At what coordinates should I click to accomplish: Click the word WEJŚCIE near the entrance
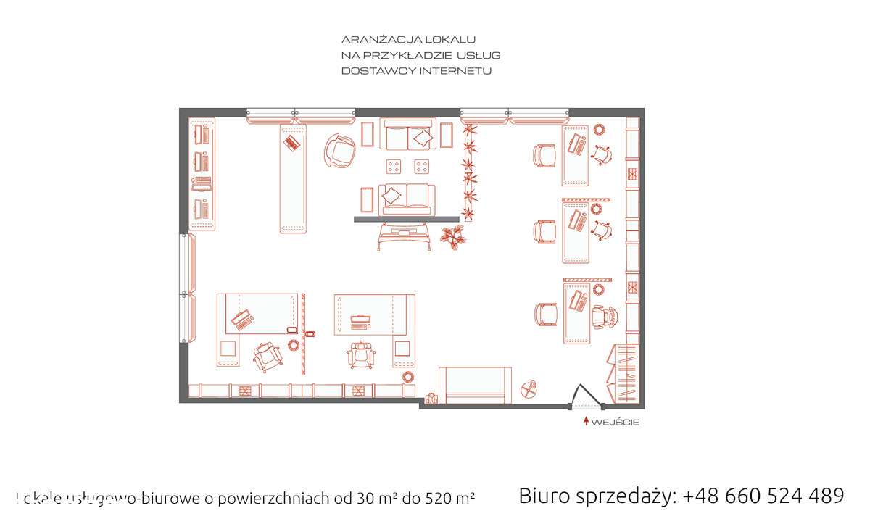point(616,423)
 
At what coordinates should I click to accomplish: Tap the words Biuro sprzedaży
point(597,496)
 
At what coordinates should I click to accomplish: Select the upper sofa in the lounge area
point(410,135)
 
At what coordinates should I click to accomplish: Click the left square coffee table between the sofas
point(394,167)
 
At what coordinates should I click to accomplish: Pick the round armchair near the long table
point(339,150)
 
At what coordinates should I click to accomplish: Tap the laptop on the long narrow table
point(292,142)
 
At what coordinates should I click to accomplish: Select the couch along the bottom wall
point(475,386)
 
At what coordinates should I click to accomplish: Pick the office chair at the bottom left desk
point(268,356)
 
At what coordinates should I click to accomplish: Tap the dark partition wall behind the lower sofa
point(406,218)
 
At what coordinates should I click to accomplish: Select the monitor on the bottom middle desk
point(360,317)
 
